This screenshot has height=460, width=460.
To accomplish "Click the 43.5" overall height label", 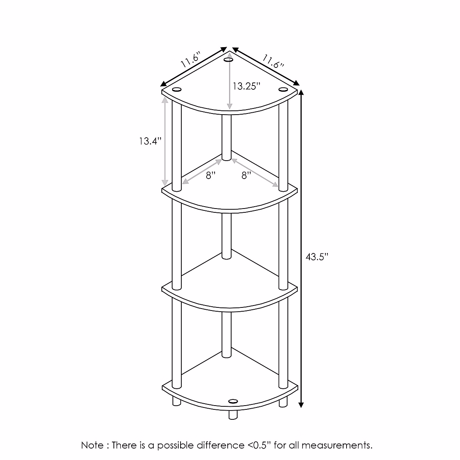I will (x=317, y=257).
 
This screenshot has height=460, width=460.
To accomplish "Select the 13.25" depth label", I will (x=246, y=86).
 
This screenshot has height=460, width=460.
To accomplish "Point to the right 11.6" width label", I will (x=273, y=61).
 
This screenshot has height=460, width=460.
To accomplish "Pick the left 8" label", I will (x=211, y=176).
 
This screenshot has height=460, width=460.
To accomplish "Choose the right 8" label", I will (x=246, y=176).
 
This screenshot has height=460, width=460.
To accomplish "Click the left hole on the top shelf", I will (x=177, y=90).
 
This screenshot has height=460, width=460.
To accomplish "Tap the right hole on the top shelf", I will (x=283, y=89).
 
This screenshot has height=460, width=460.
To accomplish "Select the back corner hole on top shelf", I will (x=228, y=60).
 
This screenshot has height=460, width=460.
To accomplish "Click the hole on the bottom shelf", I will (x=233, y=401).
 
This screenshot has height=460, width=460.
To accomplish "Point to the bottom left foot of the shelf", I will (x=176, y=401).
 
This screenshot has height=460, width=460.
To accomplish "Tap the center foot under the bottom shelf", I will (x=232, y=415).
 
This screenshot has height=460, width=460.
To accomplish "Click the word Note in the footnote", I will (x=92, y=445).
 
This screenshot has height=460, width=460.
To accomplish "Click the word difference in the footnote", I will (x=220, y=445).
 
